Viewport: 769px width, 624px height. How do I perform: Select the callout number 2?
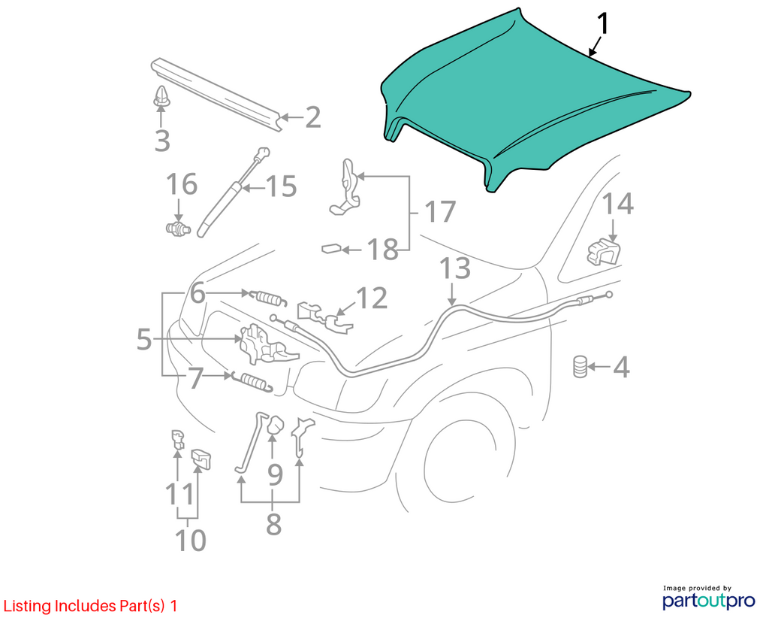tap(313, 117)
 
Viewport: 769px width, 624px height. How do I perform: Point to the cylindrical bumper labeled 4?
tap(581, 367)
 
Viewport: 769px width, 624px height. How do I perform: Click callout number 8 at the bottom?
tap(273, 524)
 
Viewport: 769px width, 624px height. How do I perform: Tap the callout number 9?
tap(275, 474)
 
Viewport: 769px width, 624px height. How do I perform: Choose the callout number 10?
tap(190, 540)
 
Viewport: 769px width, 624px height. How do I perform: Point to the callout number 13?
tap(454, 268)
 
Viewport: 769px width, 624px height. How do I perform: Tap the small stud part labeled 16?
tap(178, 229)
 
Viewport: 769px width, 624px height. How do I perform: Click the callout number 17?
tap(440, 211)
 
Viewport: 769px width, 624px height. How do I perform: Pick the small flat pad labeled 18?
tap(331, 248)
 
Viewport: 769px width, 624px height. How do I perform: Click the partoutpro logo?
tap(708, 597)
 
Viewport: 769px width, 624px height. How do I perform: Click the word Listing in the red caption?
tap(28, 606)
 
